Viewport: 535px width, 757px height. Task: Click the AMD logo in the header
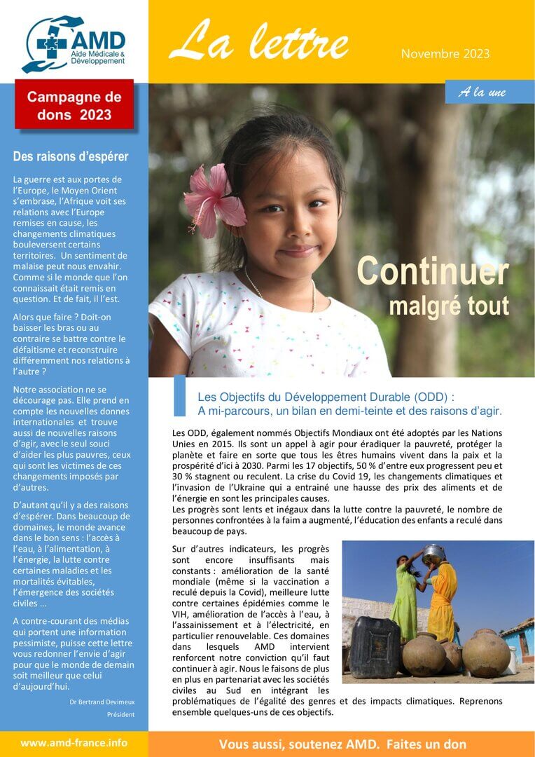click(73, 44)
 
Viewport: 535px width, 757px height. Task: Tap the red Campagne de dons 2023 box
click(74, 104)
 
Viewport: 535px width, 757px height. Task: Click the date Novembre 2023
click(445, 54)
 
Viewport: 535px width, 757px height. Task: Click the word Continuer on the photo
click(432, 272)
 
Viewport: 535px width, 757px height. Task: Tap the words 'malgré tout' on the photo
click(448, 306)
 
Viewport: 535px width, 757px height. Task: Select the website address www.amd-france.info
click(74, 743)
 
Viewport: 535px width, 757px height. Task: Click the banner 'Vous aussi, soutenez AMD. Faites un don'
click(342, 744)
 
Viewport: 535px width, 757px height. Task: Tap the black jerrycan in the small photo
click(375, 647)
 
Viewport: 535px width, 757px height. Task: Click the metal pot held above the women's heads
click(433, 554)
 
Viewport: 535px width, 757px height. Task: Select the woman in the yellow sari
click(442, 599)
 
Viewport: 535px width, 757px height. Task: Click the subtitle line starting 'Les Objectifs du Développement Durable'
click(326, 396)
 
